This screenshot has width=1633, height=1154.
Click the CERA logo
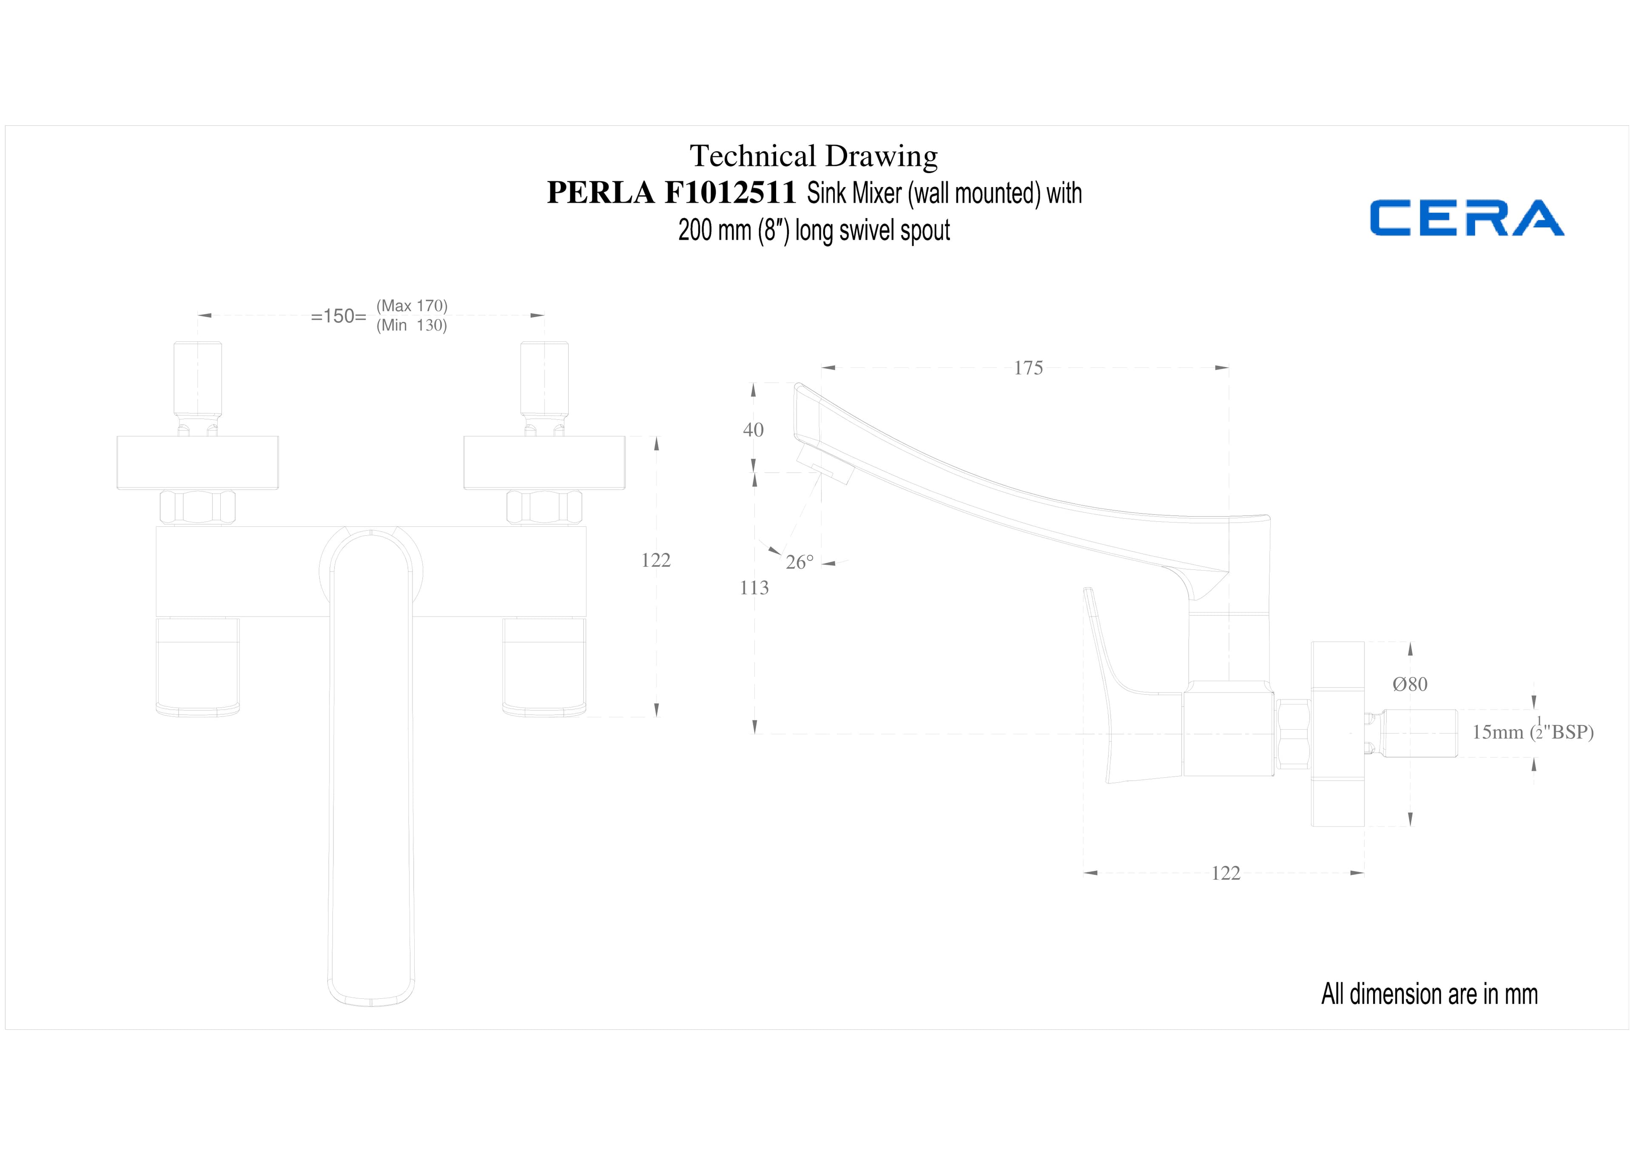[1467, 218]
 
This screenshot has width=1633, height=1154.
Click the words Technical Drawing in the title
[814, 156]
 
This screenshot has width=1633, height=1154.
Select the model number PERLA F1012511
[671, 193]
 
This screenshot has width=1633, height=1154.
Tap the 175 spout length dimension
[1028, 368]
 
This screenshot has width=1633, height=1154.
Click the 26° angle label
[799, 563]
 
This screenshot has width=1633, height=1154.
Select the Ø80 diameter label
[1410, 684]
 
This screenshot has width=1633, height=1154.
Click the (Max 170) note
[412, 306]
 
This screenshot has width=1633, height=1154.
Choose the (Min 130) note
[412, 326]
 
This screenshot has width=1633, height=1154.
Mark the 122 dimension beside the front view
[656, 560]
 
